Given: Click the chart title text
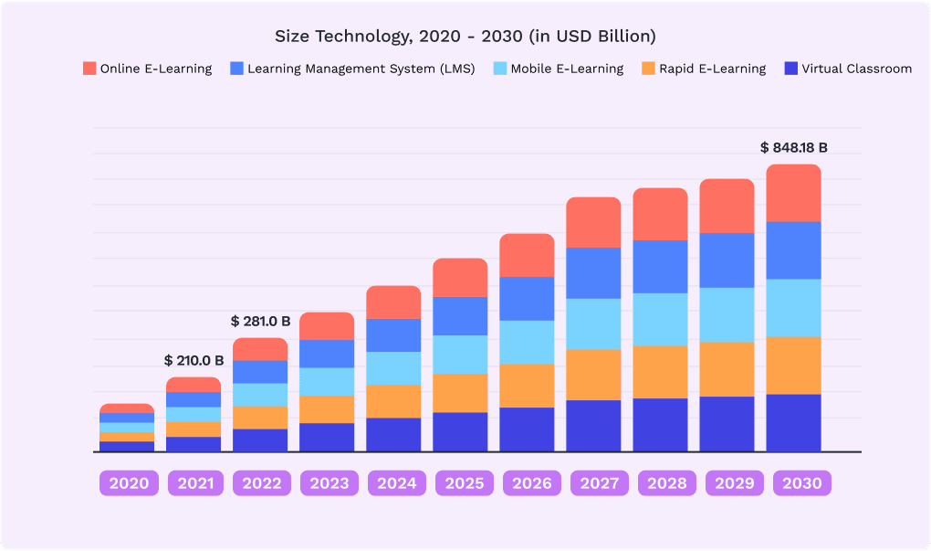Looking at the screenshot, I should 465,37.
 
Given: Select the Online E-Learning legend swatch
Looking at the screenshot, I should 89,69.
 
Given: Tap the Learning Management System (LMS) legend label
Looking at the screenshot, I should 361,69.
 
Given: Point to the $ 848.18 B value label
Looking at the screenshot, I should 793,147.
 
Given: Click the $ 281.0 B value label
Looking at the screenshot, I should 260,321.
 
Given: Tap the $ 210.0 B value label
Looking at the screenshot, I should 194,360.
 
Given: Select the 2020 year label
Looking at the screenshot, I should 127,482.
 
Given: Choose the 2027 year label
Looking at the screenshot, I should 593,482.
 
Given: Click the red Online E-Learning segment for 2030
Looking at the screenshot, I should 793,194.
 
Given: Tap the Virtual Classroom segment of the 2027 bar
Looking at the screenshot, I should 593,426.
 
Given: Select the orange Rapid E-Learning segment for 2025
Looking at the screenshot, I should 460,393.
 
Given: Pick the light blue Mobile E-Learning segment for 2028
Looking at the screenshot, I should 660,319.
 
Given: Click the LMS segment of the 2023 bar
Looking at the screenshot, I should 327,354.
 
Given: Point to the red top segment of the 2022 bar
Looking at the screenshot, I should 260,349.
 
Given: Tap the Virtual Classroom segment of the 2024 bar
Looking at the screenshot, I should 393,434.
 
